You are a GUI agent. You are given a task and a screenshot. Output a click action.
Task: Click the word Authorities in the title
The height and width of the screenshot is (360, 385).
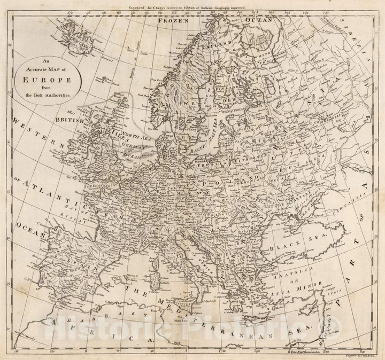point(59,94)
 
